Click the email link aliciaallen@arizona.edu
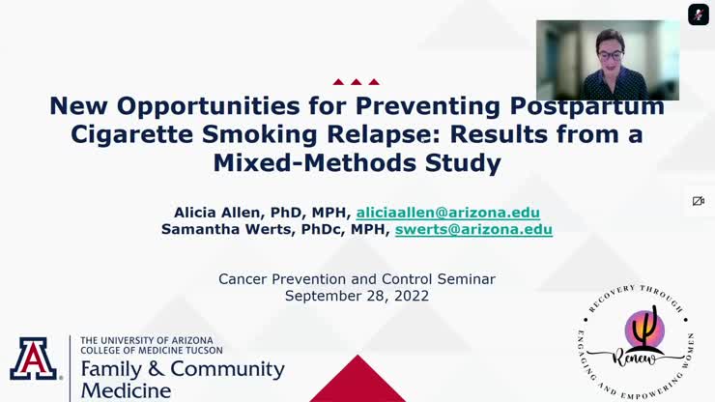[447, 213]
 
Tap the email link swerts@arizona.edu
[473, 230]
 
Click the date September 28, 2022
[357, 296]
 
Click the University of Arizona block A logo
[34, 360]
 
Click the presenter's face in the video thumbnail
[610, 46]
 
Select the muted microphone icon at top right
[698, 14]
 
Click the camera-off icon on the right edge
[698, 201]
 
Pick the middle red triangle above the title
[357, 82]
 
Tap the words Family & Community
[183, 369]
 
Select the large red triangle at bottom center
[357, 382]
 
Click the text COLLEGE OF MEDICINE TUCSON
[153, 350]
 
